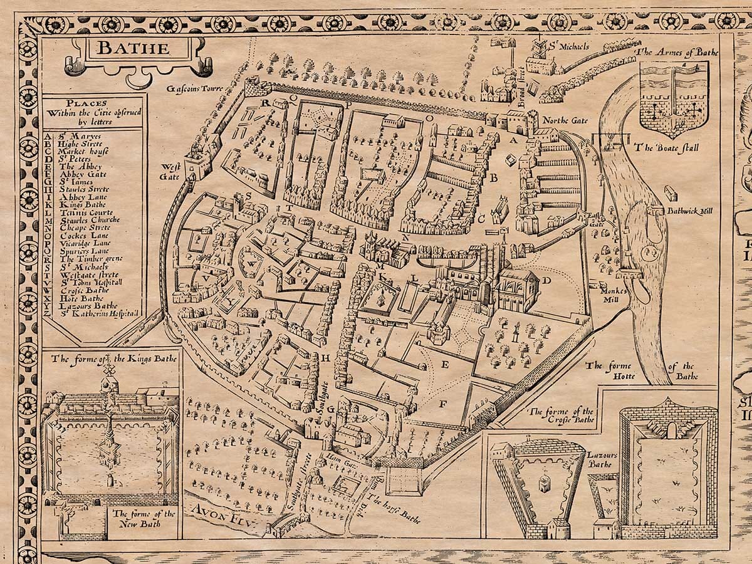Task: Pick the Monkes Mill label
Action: (610, 287)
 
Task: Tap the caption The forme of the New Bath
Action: (144, 519)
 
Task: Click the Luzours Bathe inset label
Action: (600, 460)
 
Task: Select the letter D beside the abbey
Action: (546, 280)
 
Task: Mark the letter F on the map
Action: (442, 404)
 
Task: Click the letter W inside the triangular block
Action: (251, 264)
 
